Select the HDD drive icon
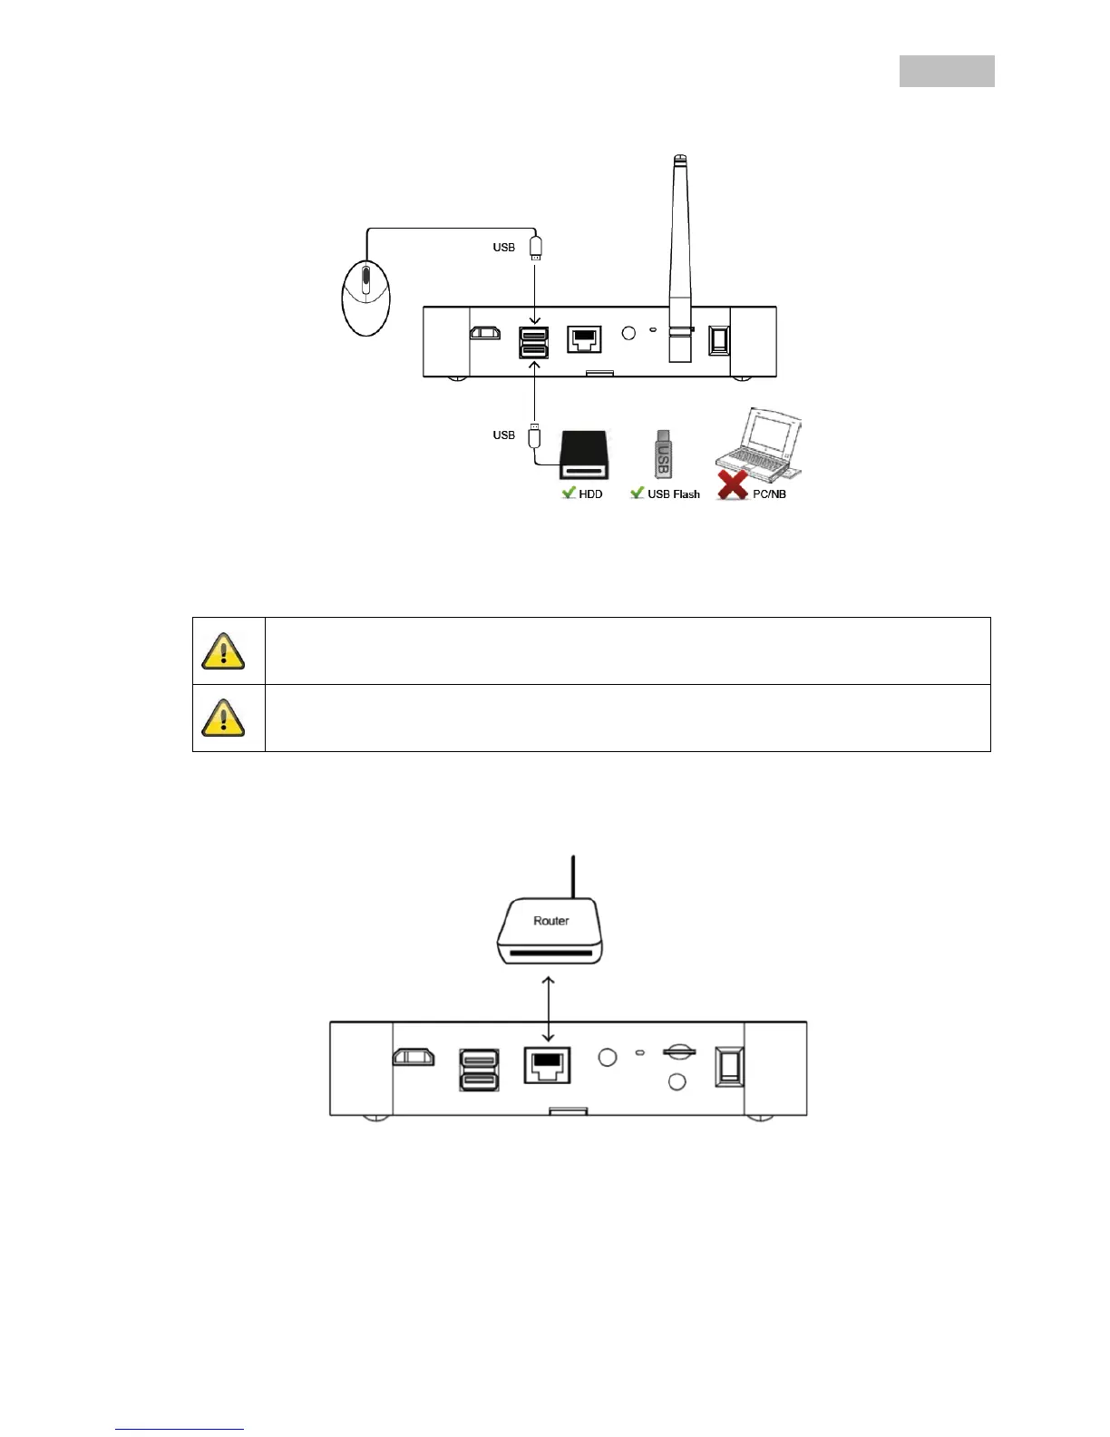[584, 455]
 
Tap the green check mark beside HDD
[569, 493]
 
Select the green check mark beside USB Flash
[638, 493]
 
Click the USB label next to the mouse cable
[504, 248]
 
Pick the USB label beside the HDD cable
[504, 435]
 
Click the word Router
[551, 921]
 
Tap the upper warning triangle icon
[223, 650]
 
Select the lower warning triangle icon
[223, 718]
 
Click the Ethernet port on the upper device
[584, 339]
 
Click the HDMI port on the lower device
[413, 1057]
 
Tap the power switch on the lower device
[727, 1066]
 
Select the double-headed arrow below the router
[548, 1008]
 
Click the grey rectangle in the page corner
[947, 71]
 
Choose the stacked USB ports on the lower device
[479, 1070]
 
